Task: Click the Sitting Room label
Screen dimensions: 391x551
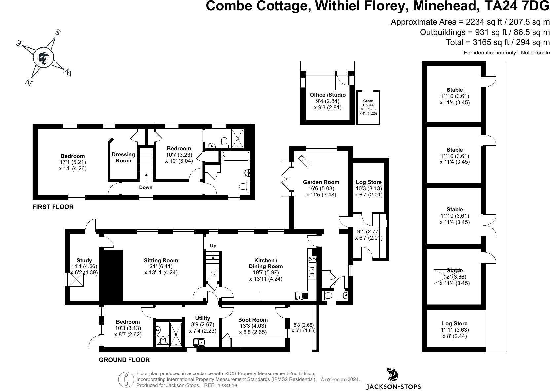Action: pyautogui.click(x=161, y=260)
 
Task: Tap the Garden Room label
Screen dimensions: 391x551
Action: pyautogui.click(x=321, y=182)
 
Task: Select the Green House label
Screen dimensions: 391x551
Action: pyautogui.click(x=368, y=103)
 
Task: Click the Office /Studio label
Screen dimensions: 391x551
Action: pyautogui.click(x=327, y=95)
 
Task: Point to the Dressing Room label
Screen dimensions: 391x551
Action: pyautogui.click(x=123, y=158)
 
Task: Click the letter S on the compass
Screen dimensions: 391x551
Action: pyautogui.click(x=57, y=33)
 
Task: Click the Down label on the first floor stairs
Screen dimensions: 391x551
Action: pyautogui.click(x=146, y=187)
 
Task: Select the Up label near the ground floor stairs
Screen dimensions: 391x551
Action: pyautogui.click(x=213, y=246)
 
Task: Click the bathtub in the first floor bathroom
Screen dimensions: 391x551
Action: pyautogui.click(x=235, y=156)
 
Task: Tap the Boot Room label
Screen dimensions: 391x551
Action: pyautogui.click(x=253, y=320)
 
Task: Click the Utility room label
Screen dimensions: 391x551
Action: pyautogui.click(x=202, y=318)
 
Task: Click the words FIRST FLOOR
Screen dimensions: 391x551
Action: pyautogui.click(x=53, y=207)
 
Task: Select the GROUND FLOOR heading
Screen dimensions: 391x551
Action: pyautogui.click(x=124, y=360)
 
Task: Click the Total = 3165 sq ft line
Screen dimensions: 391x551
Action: pyautogui.click(x=498, y=42)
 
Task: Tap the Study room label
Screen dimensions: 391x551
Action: pyautogui.click(x=84, y=260)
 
